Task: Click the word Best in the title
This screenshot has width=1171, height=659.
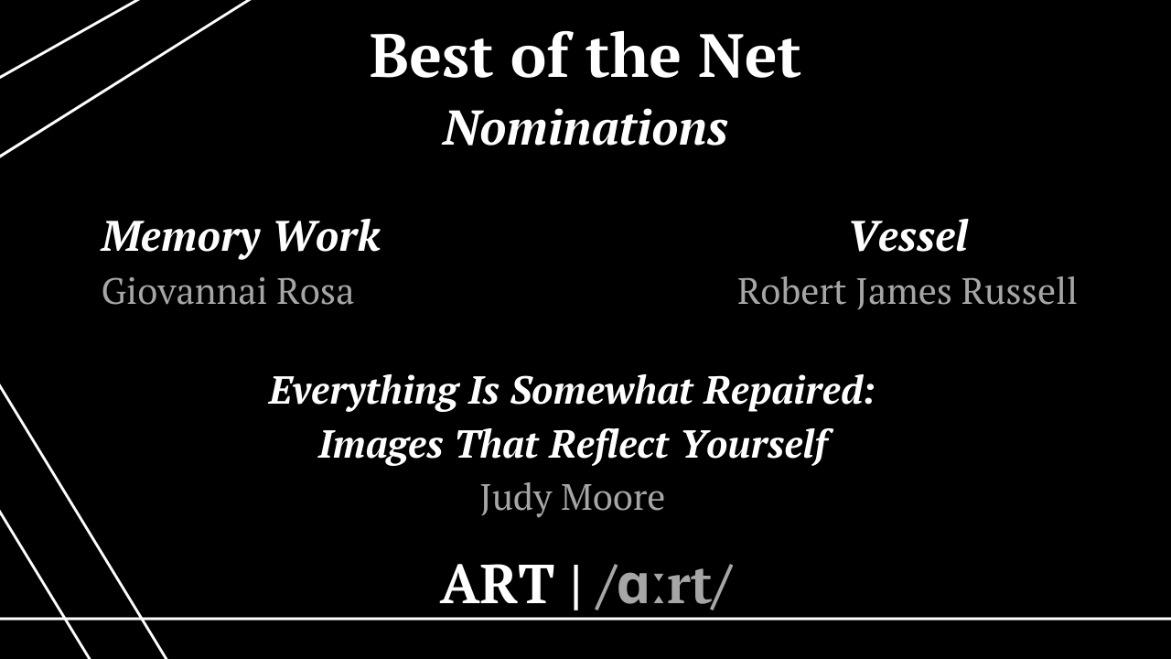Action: (x=431, y=56)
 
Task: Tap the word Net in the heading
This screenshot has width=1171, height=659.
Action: (x=749, y=56)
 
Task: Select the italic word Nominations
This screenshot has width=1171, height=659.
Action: (x=585, y=128)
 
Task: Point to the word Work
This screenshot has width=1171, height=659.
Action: (x=328, y=236)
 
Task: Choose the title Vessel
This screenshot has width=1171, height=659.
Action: (x=908, y=236)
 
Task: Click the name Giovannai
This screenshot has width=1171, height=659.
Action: (x=184, y=291)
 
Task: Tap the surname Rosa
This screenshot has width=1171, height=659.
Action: (x=315, y=291)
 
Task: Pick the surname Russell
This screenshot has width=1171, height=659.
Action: (x=1019, y=291)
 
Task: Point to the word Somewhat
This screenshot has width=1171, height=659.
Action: (x=602, y=390)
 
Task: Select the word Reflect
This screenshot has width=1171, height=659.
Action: (x=609, y=445)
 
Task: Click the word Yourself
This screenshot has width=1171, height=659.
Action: (x=757, y=446)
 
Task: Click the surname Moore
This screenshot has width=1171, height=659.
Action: (x=613, y=497)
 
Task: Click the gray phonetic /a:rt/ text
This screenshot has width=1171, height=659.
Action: (x=664, y=586)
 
